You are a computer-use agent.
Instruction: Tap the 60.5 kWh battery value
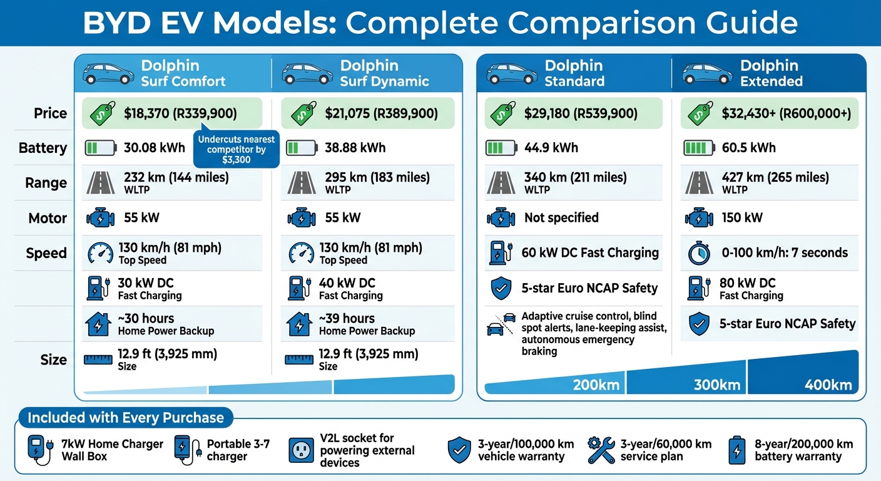click(748, 148)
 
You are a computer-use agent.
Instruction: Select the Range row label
click(46, 183)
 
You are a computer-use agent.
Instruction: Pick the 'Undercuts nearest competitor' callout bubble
click(237, 150)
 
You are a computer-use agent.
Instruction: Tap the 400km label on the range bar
click(828, 384)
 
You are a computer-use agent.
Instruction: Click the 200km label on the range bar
click(596, 385)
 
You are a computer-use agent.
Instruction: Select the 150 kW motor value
click(741, 218)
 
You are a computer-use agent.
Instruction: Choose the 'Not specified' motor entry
click(561, 218)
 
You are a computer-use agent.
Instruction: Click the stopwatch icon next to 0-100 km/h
click(698, 253)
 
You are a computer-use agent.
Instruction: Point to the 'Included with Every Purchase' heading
click(126, 418)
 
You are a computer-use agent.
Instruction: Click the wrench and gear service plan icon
click(601, 450)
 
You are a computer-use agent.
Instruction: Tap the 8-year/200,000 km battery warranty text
click(803, 450)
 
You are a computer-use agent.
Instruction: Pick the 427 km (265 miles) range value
click(775, 177)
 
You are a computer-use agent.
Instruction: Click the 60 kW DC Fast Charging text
click(590, 253)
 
